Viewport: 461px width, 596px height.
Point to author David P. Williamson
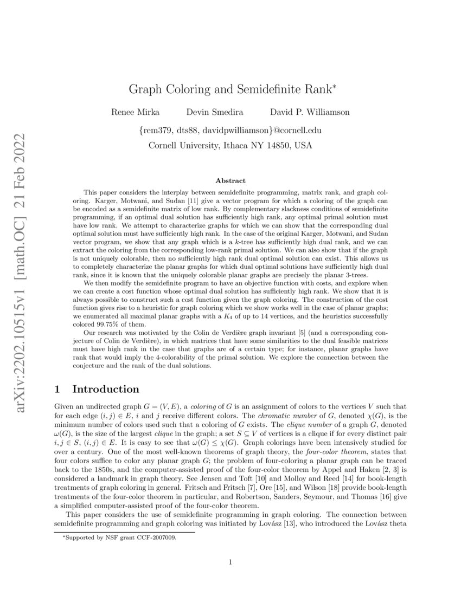[x=310, y=112]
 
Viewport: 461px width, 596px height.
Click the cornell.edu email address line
[x=230, y=131]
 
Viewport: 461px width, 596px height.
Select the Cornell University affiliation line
[x=230, y=145]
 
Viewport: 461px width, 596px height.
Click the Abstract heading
[x=230, y=180]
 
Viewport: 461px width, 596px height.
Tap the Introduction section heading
[x=106, y=389]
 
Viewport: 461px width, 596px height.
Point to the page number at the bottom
[x=230, y=562]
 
